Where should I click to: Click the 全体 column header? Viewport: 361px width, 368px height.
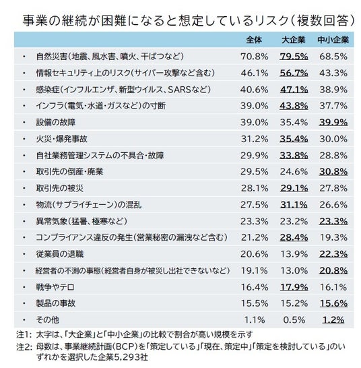[254, 40]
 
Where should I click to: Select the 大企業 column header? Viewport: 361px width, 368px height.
[294, 40]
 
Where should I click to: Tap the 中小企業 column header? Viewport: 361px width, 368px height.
[333, 40]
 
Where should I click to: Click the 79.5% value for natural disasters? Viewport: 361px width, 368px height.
[294, 57]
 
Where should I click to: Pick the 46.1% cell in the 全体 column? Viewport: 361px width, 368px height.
[255, 73]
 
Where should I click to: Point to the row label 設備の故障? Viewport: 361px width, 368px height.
[56, 123]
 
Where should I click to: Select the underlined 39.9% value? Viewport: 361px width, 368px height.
[333, 123]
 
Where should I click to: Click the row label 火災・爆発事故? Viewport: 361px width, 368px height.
[62, 139]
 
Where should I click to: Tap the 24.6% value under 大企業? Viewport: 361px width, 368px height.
[294, 172]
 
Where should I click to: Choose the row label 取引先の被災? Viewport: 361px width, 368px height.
[59, 188]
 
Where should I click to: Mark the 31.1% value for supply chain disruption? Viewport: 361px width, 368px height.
[294, 205]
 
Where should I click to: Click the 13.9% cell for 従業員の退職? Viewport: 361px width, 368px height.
[294, 254]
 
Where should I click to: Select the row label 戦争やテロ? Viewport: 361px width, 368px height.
[55, 287]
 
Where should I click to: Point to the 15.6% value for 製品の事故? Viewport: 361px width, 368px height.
[333, 303]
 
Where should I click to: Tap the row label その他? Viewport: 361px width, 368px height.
[48, 320]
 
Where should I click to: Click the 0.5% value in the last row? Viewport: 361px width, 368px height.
[294, 320]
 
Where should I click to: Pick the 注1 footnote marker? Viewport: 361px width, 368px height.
[24, 334]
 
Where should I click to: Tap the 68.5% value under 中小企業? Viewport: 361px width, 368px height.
[333, 57]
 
